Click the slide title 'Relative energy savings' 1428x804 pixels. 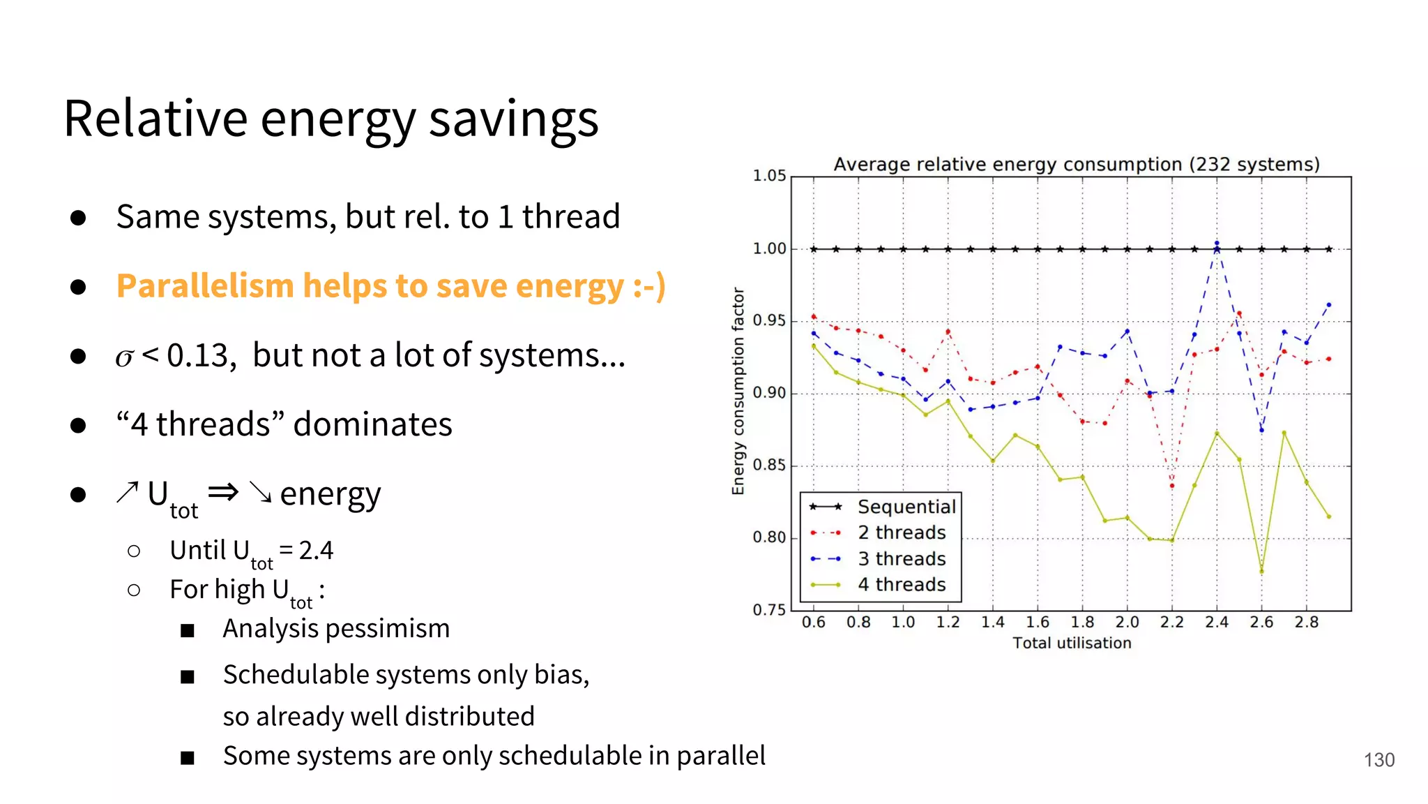(331, 119)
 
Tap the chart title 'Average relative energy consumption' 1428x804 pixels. (1076, 164)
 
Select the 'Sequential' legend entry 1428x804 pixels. (906, 507)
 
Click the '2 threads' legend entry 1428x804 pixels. (901, 533)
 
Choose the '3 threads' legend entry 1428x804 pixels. (901, 559)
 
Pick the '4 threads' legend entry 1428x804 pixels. (901, 585)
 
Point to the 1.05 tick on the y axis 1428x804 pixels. (769, 176)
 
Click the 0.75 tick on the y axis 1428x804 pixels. (769, 610)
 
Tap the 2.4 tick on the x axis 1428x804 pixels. (1216, 623)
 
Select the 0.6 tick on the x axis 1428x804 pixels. (813, 623)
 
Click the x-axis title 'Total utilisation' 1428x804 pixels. (1072, 643)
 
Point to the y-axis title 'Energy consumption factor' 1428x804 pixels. (738, 392)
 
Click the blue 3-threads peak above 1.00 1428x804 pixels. (1217, 244)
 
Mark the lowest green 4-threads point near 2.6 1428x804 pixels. (1261, 572)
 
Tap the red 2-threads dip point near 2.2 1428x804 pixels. (1172, 486)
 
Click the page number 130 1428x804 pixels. (1378, 760)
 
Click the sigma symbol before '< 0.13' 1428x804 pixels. (124, 357)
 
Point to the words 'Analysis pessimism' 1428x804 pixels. (336, 629)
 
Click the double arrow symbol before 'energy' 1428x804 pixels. (223, 492)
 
